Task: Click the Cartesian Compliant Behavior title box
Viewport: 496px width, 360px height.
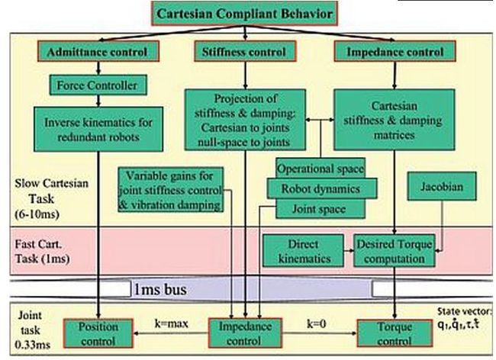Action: pyautogui.click(x=244, y=14)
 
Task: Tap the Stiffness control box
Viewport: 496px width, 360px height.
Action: pyautogui.click(x=245, y=52)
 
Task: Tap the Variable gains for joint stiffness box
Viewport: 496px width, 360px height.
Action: pyautogui.click(x=173, y=189)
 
